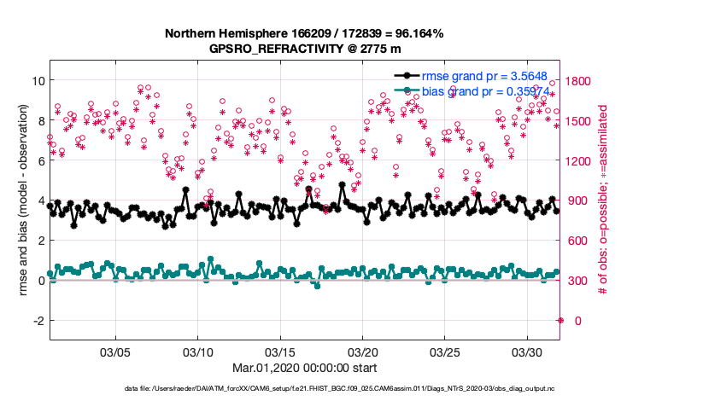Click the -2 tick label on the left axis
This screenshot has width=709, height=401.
(38, 321)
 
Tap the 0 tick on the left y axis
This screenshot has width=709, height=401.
(40, 281)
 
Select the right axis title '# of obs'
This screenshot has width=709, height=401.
(603, 200)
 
